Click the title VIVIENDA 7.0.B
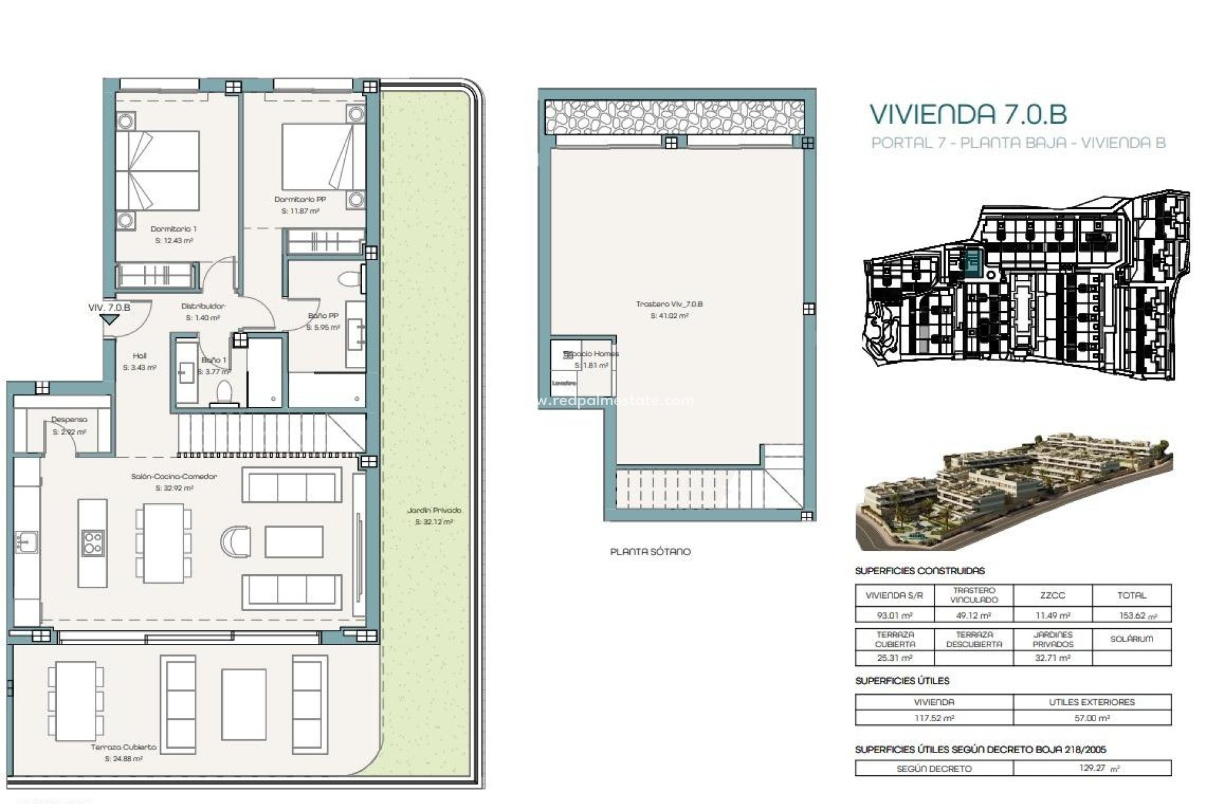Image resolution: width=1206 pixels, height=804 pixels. [x=967, y=115]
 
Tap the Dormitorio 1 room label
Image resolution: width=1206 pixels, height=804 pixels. [x=173, y=229]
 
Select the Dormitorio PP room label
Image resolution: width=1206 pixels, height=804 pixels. [x=300, y=200]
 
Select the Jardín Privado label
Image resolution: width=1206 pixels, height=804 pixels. [x=433, y=511]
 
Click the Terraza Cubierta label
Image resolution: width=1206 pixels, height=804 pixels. [x=123, y=747]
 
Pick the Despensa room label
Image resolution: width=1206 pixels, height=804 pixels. [x=69, y=420]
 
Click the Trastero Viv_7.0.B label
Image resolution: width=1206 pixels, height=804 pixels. [x=669, y=305]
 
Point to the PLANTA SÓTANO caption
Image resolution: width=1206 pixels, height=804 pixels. [x=650, y=552]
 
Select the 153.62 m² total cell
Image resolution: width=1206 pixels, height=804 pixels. [x=1131, y=616]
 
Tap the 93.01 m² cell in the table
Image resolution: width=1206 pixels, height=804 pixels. [x=894, y=616]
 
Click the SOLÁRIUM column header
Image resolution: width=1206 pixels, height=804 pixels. [x=1131, y=639]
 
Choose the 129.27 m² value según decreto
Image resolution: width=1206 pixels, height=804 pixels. [x=1092, y=768]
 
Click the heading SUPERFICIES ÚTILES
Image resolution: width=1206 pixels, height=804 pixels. [x=902, y=681]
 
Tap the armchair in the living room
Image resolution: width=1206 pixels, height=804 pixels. [x=236, y=541]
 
